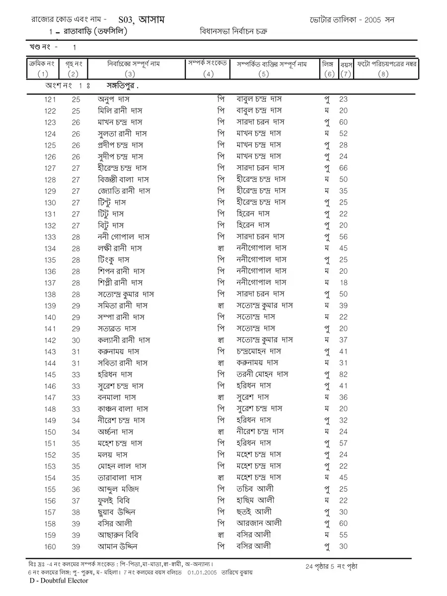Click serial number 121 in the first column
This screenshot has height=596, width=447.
coord(50,99)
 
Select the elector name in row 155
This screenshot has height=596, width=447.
coord(117,489)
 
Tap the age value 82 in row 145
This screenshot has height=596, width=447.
coord(343,374)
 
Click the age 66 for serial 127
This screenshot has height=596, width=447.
coord(343,168)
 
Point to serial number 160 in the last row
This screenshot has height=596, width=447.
coord(50,546)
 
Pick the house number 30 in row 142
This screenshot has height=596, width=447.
coord(75,340)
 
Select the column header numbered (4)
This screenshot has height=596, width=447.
coord(208,74)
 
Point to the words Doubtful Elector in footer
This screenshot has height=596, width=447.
coord(62,581)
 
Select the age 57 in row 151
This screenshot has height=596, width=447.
coord(343,444)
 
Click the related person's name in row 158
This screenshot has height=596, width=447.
coord(260,523)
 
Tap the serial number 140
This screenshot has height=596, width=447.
coord(50,317)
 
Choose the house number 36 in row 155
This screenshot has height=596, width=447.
coord(75,489)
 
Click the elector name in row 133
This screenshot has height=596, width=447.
coord(122,237)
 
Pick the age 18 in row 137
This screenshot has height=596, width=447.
coord(343,283)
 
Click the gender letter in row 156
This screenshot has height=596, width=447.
coord(327,501)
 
